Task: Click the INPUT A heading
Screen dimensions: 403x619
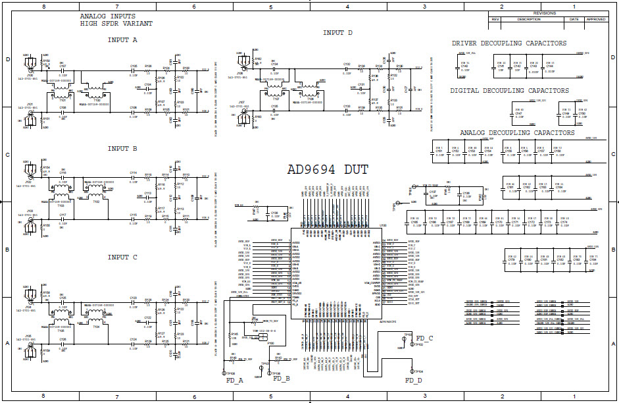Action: click(122, 40)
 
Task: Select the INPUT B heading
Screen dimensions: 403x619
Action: click(122, 149)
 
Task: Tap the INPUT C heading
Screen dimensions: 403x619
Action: click(122, 257)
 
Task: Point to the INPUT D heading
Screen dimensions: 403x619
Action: click(337, 33)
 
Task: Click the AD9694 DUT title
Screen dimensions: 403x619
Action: click(328, 169)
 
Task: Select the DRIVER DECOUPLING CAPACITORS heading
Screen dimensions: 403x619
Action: click(509, 43)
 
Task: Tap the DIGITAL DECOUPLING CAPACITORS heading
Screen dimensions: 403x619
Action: click(509, 91)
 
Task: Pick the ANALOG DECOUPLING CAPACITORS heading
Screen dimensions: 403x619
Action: click(517, 132)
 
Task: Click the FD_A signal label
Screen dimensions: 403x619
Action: click(234, 380)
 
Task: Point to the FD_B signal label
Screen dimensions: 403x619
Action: click(282, 379)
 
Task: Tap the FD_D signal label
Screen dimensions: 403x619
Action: click(414, 380)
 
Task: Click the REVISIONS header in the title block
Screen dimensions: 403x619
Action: click(544, 13)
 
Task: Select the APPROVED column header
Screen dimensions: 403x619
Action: click(596, 19)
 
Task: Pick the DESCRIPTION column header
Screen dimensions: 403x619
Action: click(529, 19)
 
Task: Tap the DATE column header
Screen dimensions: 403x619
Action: click(574, 19)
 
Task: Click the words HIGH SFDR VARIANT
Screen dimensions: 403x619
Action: click(116, 23)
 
